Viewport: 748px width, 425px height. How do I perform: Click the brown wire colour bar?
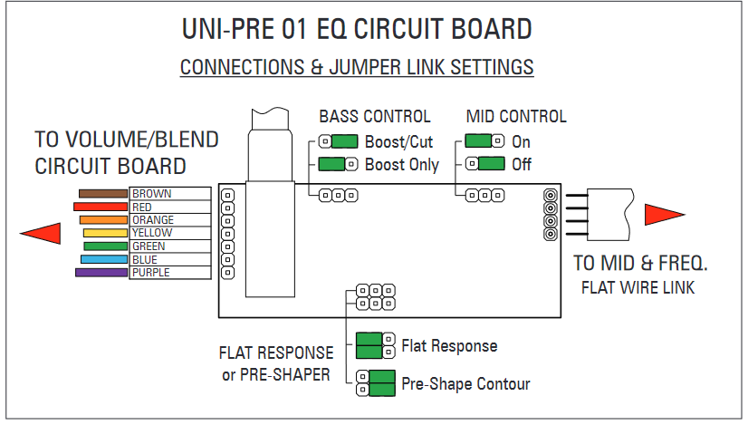pos(103,193)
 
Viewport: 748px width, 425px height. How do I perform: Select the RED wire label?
pos(141,208)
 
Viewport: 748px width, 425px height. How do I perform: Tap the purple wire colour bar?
pos(101,273)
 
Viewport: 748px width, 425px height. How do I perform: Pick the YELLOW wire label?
pos(152,233)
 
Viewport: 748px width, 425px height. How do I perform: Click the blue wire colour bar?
pos(104,260)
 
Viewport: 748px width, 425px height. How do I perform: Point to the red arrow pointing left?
pos(41,234)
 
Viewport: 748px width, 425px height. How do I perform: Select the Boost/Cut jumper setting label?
pos(398,142)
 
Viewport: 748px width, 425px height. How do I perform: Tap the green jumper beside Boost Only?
pos(331,164)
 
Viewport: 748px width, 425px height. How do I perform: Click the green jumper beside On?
pos(478,140)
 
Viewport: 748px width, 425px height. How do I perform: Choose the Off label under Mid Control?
pos(522,165)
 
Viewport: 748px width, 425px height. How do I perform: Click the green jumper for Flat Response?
pos(369,346)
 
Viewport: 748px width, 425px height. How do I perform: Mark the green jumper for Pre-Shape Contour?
pos(382,383)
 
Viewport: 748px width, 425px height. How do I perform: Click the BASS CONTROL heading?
pos(375,117)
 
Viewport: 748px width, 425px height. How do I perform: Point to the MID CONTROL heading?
pos(516,117)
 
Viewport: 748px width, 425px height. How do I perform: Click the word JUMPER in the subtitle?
pos(364,67)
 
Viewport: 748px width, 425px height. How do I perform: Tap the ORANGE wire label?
pos(153,220)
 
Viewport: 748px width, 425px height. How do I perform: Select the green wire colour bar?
pos(105,246)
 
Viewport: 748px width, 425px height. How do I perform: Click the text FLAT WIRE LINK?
pos(638,287)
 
